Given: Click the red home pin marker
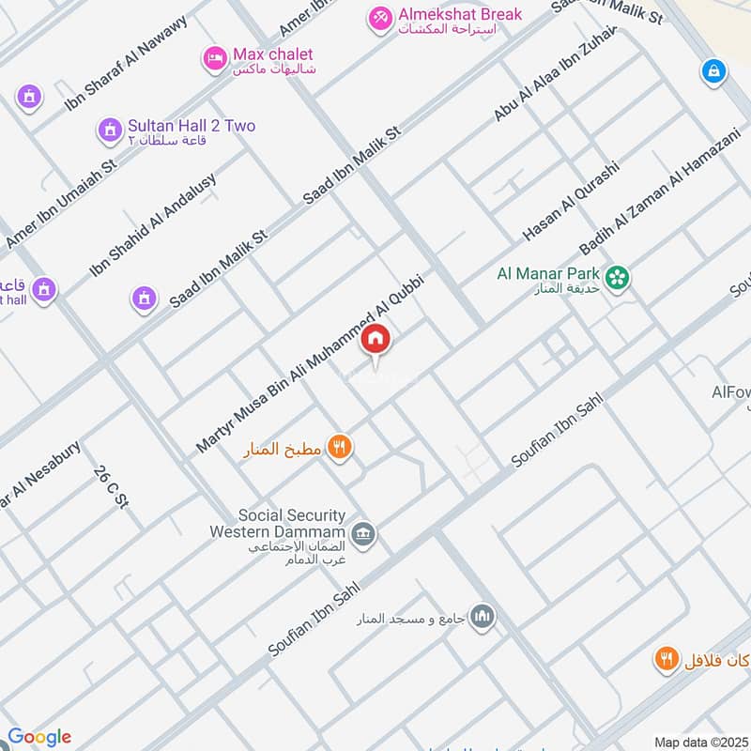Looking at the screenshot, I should pyautogui.click(x=375, y=339).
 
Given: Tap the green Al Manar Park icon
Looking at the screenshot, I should pyautogui.click(x=617, y=276).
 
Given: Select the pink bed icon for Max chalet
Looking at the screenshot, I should pyautogui.click(x=214, y=59).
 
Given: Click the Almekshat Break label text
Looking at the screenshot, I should pyautogui.click(x=446, y=15).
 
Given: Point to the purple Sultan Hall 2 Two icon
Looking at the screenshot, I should pyautogui.click(x=110, y=129).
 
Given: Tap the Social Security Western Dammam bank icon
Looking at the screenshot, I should pyautogui.click(x=364, y=535).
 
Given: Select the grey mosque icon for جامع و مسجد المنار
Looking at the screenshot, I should pyautogui.click(x=483, y=616).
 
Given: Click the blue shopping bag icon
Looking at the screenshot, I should pyautogui.click(x=714, y=70).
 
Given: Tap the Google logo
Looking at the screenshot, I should pyautogui.click(x=38, y=737).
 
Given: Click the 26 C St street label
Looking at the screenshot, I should pyautogui.click(x=110, y=487).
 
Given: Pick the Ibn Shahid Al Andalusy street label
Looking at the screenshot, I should pyautogui.click(x=153, y=224).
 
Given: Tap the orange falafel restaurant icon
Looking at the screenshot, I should pyautogui.click(x=667, y=659).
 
